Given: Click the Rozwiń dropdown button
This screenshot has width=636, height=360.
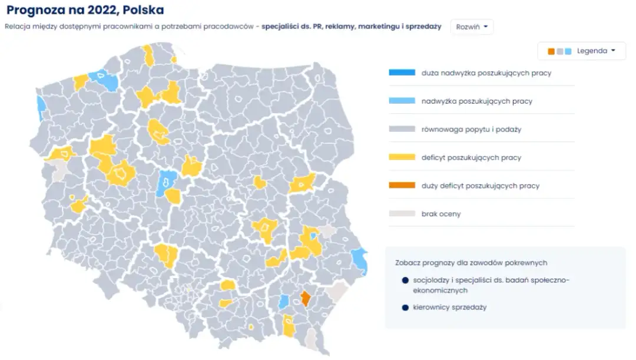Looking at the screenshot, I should pos(472,27).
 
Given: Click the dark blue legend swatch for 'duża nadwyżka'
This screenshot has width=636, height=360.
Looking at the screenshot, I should pos(402,73).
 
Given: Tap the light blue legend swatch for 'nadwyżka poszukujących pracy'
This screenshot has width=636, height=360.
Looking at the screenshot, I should pos(402,101).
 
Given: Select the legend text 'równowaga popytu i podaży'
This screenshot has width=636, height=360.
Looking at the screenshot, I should pos(471,129).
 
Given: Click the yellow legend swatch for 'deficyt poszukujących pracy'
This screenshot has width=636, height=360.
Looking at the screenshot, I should pos(402,158).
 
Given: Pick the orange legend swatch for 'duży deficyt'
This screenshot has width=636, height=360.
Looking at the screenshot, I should pos(402,186).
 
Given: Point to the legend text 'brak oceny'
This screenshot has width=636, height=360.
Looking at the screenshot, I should pos(441,214).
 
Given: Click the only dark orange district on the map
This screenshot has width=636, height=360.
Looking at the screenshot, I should pos(306,298).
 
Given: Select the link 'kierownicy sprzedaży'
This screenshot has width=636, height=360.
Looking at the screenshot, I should pos(450,307).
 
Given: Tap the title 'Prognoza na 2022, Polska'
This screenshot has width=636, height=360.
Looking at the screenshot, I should pos(85,10).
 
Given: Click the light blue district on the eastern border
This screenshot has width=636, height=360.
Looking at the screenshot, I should pos(359,260).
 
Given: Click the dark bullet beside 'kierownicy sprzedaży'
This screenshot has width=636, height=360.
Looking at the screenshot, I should pos(405,307).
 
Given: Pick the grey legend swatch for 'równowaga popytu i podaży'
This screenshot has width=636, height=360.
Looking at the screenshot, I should pos(402,129).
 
